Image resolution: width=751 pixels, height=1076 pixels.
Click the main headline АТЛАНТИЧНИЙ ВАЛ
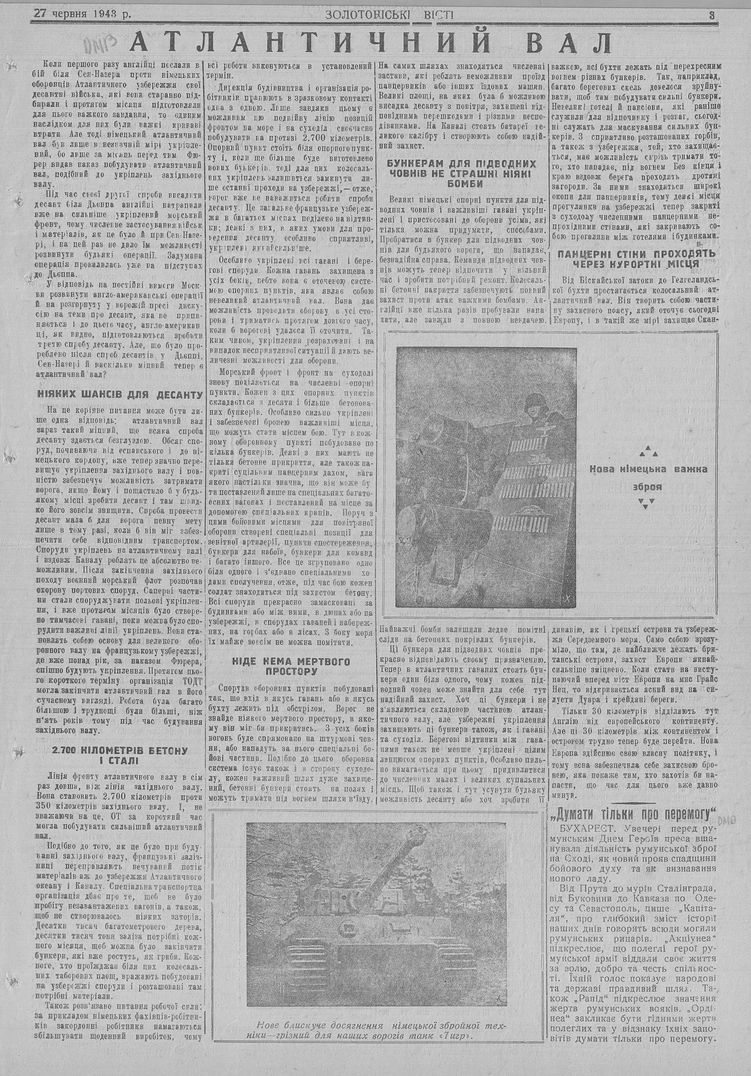pos(371,43)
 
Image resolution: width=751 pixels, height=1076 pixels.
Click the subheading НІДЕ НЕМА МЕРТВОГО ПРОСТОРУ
pos(291,666)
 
